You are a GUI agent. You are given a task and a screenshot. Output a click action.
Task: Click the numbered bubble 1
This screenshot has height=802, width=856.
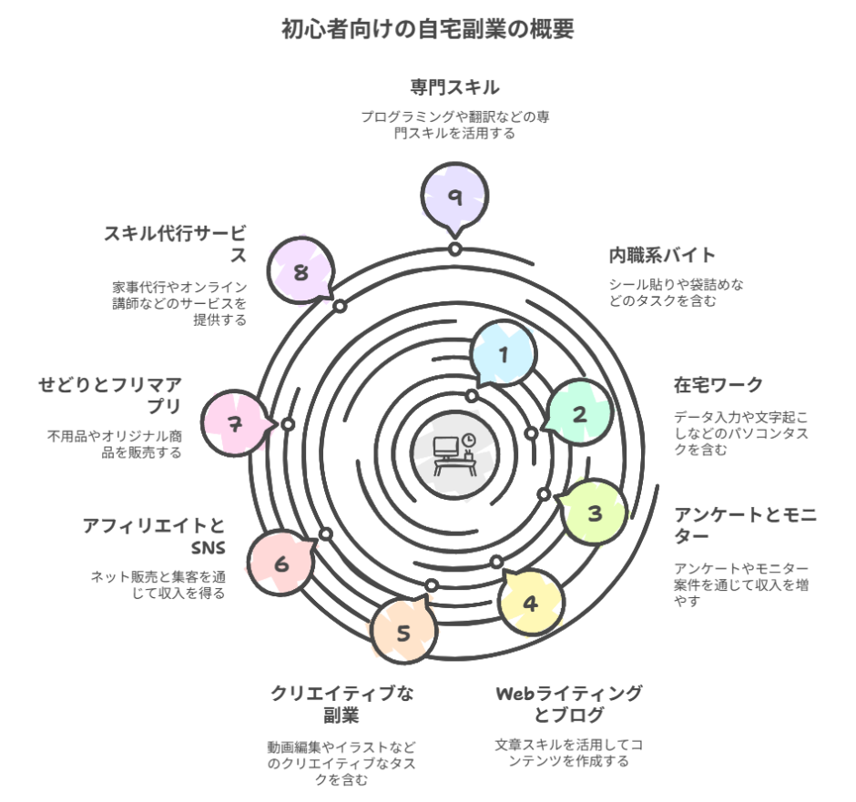click(504, 355)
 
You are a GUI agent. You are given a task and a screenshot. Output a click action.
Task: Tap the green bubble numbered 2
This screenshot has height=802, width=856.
click(578, 414)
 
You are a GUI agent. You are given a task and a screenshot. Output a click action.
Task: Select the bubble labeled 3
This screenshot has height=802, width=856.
click(595, 513)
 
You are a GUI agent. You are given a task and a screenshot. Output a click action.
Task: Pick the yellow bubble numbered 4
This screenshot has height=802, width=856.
click(531, 603)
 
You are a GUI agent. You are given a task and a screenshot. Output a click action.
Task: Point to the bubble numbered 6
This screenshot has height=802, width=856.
click(281, 564)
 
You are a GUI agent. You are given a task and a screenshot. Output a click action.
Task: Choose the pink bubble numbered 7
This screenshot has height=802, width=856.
click(236, 423)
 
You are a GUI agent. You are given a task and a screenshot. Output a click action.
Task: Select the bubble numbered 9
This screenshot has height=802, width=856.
click(454, 197)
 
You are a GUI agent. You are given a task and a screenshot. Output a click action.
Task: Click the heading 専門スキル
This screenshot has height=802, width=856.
click(454, 88)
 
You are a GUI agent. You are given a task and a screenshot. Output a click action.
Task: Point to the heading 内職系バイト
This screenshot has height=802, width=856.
click(663, 255)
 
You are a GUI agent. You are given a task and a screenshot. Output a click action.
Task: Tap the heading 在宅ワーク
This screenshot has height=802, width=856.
click(718, 384)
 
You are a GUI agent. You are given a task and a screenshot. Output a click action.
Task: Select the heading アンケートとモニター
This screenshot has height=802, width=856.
click(745, 526)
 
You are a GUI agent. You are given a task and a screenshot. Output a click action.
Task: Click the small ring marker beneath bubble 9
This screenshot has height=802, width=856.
click(453, 249)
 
